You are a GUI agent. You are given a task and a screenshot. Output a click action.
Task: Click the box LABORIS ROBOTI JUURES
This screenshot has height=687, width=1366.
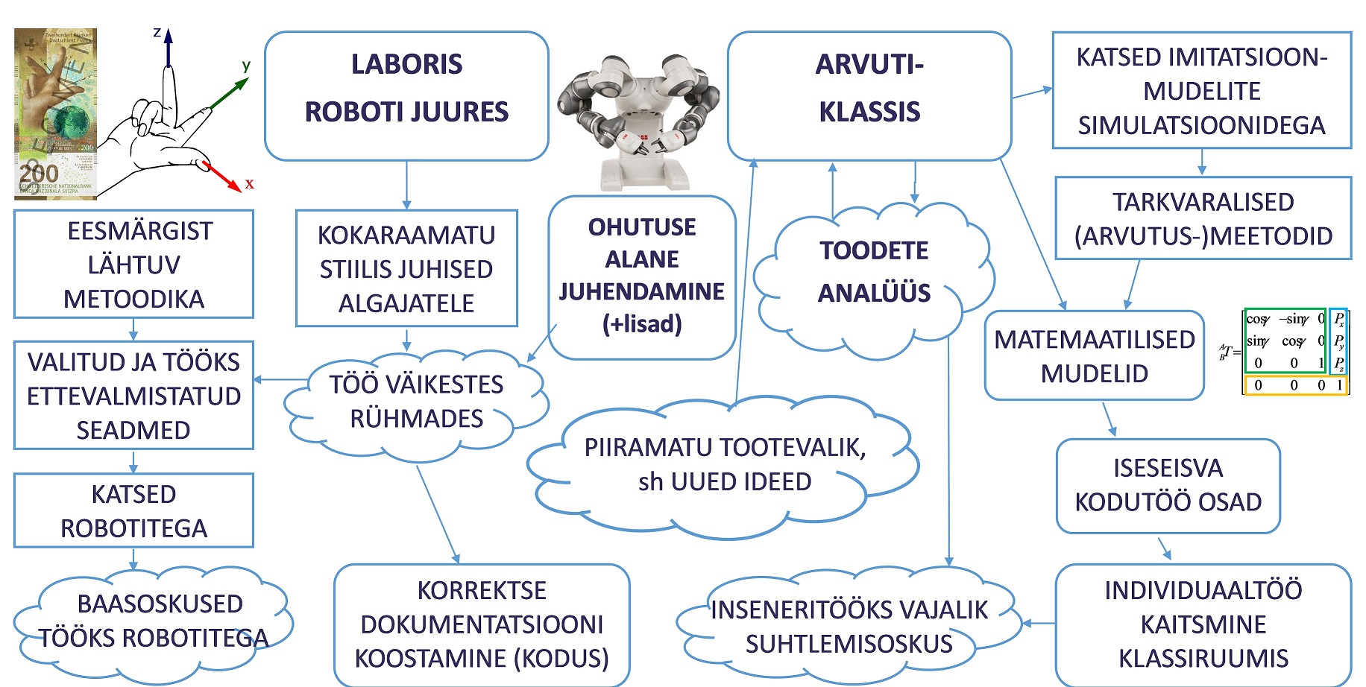[x=406, y=95]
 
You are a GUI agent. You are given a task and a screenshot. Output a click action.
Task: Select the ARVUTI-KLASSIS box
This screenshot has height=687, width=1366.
[x=869, y=95]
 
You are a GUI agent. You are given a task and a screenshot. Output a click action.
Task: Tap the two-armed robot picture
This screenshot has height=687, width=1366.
[x=638, y=119]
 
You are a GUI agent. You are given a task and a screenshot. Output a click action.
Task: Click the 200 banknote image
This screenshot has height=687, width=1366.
[x=55, y=114]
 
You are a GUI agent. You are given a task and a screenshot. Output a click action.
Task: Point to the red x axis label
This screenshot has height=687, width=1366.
[x=249, y=183]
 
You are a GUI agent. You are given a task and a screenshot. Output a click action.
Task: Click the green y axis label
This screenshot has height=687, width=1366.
[x=246, y=66]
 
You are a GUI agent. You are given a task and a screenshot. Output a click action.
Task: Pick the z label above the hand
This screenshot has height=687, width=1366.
[x=157, y=33]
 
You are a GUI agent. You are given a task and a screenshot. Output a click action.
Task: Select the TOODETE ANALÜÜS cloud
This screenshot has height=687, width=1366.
[x=874, y=272]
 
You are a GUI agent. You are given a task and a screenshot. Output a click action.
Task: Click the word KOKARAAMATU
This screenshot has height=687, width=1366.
[x=406, y=235]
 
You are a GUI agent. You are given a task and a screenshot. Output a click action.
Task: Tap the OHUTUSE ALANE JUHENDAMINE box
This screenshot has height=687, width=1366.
[x=642, y=276]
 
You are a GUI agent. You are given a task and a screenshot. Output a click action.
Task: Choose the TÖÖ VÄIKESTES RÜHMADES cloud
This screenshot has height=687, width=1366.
[x=416, y=402]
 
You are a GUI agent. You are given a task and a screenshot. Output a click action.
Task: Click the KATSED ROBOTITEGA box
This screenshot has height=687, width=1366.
[x=133, y=511]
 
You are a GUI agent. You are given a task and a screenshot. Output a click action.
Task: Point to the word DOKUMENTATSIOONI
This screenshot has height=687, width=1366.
[x=482, y=624]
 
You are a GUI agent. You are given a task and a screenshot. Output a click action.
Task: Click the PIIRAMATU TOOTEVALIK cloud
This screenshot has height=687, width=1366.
[x=724, y=465]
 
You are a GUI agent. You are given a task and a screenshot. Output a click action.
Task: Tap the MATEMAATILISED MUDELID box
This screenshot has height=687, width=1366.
[x=1094, y=356]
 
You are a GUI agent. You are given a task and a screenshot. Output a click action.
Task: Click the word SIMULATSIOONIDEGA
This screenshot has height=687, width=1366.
[x=1201, y=125]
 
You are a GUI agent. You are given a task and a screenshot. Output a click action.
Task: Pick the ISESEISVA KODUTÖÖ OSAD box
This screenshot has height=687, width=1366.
[x=1168, y=485]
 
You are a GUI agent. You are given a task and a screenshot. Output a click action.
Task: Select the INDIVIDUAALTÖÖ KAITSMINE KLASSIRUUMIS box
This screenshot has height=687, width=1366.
[x=1203, y=624]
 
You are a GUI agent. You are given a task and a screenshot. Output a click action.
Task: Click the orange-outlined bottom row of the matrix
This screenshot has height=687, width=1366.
[x=1295, y=385]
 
